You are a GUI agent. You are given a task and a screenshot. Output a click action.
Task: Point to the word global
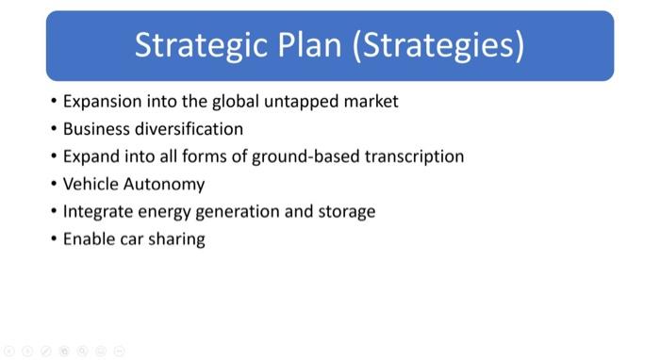pyautogui.click(x=240, y=101)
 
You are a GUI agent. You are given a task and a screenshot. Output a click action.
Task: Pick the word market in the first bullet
pyautogui.click(x=369, y=101)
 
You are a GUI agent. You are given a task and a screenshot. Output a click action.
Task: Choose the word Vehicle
pyautogui.click(x=91, y=184)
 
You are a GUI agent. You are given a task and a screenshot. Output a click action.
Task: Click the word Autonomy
pyautogui.click(x=164, y=184)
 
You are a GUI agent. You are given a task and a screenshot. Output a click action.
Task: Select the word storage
pyautogui.click(x=346, y=211)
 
